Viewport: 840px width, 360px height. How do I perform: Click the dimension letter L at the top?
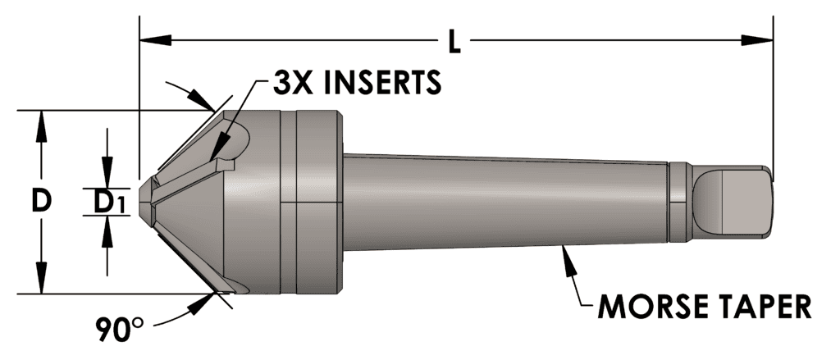point(454,40)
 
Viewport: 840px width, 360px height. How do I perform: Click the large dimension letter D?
point(41,201)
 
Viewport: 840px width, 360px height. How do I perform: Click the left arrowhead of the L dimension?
point(153,39)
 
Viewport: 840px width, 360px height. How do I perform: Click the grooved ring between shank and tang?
point(677,201)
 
